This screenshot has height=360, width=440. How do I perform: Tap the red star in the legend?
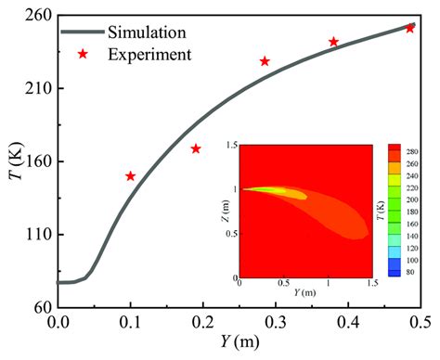tap(84, 54)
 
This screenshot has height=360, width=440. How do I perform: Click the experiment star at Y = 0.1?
tap(131, 176)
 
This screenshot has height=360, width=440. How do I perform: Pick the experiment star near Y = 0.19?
tap(196, 148)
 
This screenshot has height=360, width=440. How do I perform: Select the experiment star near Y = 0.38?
tap(334, 42)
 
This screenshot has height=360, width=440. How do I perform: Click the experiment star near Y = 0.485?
tap(409, 28)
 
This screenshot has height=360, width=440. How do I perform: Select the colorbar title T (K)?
tap(431, 210)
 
